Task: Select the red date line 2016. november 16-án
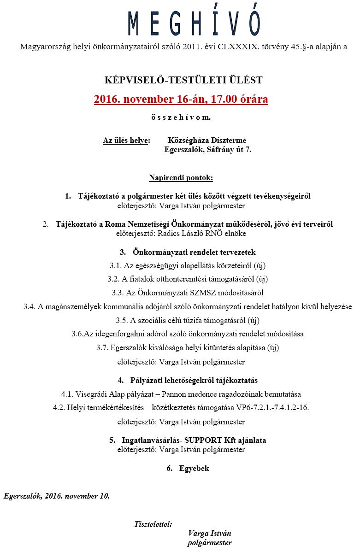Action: (x=181, y=99)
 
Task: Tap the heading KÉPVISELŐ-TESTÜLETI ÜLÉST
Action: (x=183, y=80)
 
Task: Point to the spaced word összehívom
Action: (x=181, y=117)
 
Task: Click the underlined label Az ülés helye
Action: (x=126, y=141)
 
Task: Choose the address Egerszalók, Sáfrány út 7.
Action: (x=207, y=150)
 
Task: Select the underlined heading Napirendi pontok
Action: (x=180, y=177)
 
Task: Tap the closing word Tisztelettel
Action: (x=153, y=524)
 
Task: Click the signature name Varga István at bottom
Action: (x=209, y=534)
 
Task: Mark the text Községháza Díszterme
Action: (x=207, y=141)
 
